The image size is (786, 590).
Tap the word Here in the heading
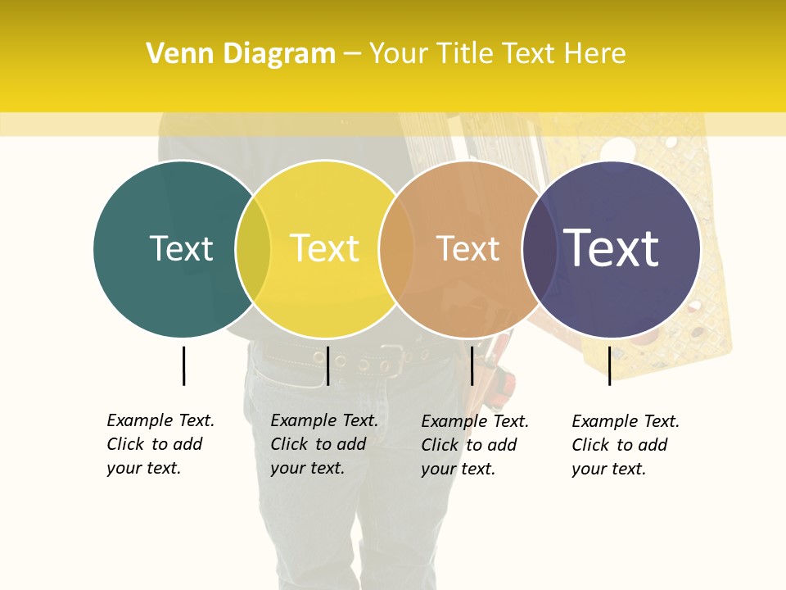[595, 54]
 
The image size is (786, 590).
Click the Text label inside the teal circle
[181, 248]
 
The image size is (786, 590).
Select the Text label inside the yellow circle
[325, 248]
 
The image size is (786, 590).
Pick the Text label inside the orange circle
[468, 248]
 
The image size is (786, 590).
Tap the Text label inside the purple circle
[612, 248]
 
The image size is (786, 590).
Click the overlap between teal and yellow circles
[253, 249]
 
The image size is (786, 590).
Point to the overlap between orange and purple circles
[540, 249]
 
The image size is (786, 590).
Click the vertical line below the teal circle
[183, 365]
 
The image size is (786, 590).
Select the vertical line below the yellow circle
[327, 365]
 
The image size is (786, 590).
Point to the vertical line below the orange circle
[472, 365]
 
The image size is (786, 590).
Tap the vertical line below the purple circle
[609, 365]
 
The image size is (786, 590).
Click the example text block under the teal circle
[160, 444]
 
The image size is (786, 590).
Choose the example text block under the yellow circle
[323, 444]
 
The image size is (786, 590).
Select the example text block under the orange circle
[474, 445]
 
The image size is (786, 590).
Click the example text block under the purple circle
[625, 445]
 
